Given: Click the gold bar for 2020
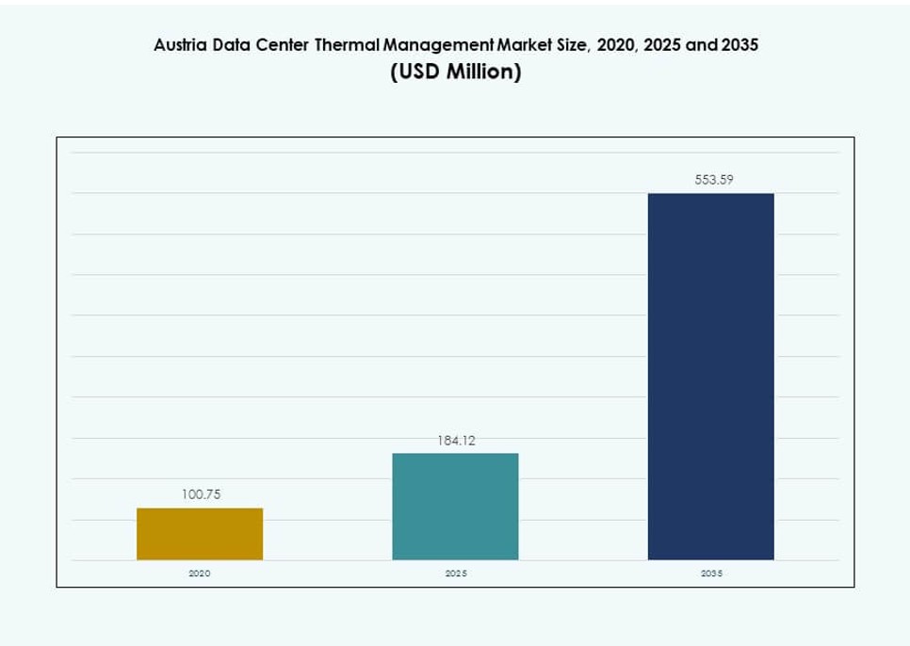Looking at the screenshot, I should click(x=200, y=534).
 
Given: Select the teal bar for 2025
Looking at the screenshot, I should click(x=455, y=507).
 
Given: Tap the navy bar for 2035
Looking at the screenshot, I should click(x=710, y=377).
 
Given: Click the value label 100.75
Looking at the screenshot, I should click(x=200, y=493).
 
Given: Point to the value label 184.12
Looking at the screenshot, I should click(x=455, y=440).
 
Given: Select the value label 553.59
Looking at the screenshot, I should click(x=713, y=180).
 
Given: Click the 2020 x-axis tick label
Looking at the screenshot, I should click(x=200, y=573).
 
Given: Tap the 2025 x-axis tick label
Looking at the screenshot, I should click(x=455, y=573).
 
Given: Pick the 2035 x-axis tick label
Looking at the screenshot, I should click(x=711, y=573).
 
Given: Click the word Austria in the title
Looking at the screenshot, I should click(x=178, y=45).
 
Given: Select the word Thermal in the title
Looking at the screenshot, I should click(x=347, y=45).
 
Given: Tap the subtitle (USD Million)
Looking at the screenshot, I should click(x=455, y=72).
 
